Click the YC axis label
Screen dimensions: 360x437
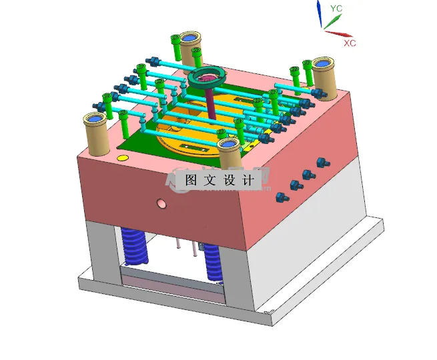coord(336,8)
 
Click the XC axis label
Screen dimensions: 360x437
coord(350,43)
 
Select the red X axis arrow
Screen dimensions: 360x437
coord(339,31)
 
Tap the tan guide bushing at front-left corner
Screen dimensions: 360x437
coord(95,133)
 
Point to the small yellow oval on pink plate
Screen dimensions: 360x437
coord(122,158)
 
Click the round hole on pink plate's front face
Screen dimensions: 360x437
coord(160,203)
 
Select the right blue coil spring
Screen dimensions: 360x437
coord(213,262)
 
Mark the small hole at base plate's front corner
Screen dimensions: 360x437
coord(266,311)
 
